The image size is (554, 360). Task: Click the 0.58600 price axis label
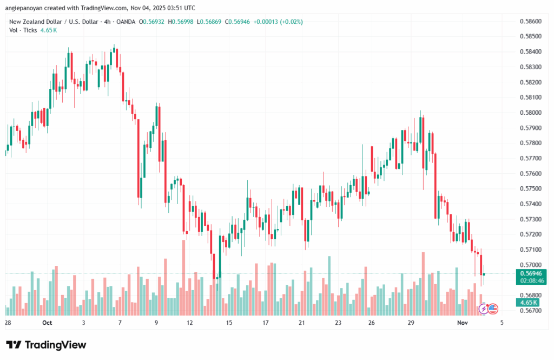(x=529, y=21)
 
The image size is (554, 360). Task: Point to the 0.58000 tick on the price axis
(x=529, y=113)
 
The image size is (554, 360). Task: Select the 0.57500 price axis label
(x=529, y=188)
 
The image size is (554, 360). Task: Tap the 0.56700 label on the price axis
(x=529, y=310)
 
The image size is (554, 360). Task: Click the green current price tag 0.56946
(x=529, y=274)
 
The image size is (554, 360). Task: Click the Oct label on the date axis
(x=47, y=322)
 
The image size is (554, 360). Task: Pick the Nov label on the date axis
(x=461, y=322)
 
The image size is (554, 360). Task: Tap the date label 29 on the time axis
(x=411, y=322)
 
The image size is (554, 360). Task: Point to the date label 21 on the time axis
(x=301, y=322)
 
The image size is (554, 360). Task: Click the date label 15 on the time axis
(x=229, y=322)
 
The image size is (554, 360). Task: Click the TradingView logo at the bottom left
(x=46, y=345)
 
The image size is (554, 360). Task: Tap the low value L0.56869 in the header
(x=212, y=22)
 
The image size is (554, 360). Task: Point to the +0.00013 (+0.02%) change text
(x=279, y=22)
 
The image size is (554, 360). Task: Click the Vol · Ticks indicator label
(x=23, y=30)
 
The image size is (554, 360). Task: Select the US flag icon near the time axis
(x=493, y=309)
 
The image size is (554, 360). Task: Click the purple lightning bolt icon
(x=483, y=309)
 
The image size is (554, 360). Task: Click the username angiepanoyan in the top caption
(x=28, y=8)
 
